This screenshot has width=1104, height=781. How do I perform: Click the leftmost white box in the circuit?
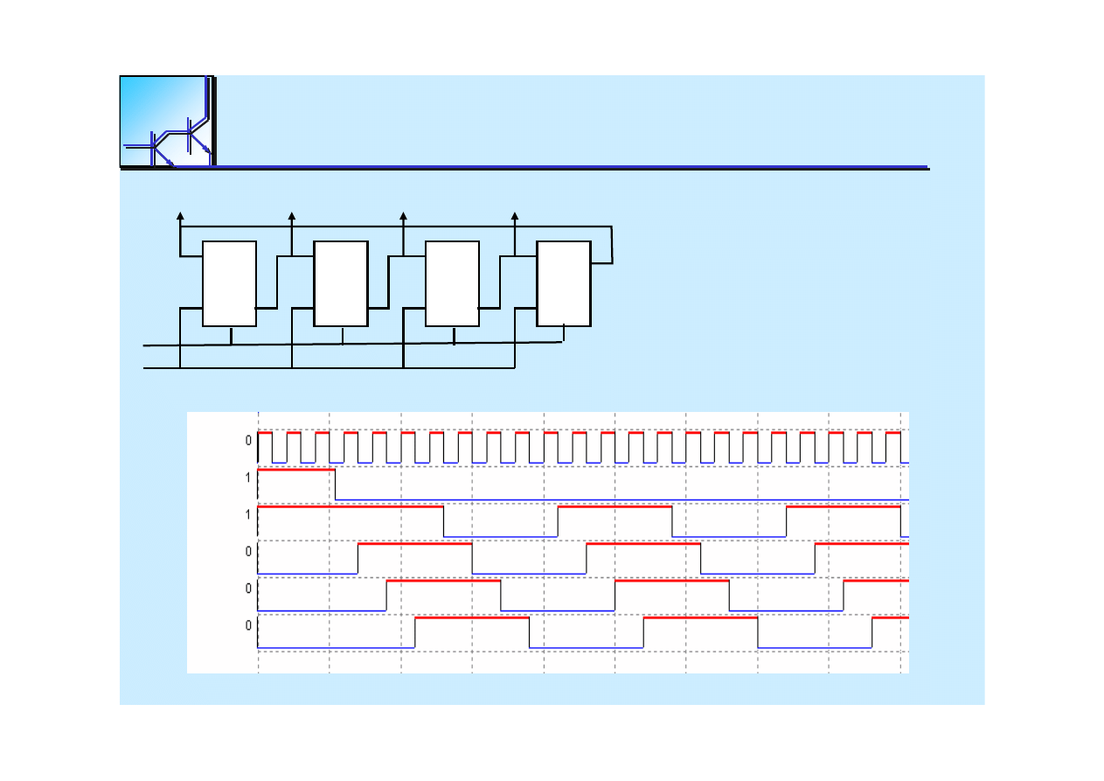coord(229,283)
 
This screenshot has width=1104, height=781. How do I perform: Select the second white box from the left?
coord(341,283)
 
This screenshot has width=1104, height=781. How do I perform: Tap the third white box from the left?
coord(452,283)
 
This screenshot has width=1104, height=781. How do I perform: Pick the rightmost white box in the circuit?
coord(563,283)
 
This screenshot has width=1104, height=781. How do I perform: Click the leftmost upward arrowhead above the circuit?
coord(180,216)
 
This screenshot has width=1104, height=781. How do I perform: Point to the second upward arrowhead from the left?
coord(292,216)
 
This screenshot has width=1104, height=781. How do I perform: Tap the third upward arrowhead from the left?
coord(403,216)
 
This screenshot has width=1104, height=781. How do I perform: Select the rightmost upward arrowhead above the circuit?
coord(515,216)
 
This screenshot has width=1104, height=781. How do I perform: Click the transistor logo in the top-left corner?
coord(168,122)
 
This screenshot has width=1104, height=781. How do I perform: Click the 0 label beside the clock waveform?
coord(248,440)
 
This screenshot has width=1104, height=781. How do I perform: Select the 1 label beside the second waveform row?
coord(248,478)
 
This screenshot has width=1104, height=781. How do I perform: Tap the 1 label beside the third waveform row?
coord(248,514)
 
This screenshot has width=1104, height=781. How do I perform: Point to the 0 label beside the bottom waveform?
coord(248,625)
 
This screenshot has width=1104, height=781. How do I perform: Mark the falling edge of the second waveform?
coord(335,485)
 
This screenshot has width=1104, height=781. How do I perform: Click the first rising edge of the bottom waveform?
coord(414,632)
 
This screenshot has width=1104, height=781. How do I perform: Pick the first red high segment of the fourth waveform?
coord(414,544)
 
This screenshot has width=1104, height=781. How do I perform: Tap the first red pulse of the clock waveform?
coord(265,433)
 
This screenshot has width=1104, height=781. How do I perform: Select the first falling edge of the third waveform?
coord(443,521)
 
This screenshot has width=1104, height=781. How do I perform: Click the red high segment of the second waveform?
coord(296,470)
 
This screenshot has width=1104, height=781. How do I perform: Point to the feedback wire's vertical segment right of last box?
coord(612,245)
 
